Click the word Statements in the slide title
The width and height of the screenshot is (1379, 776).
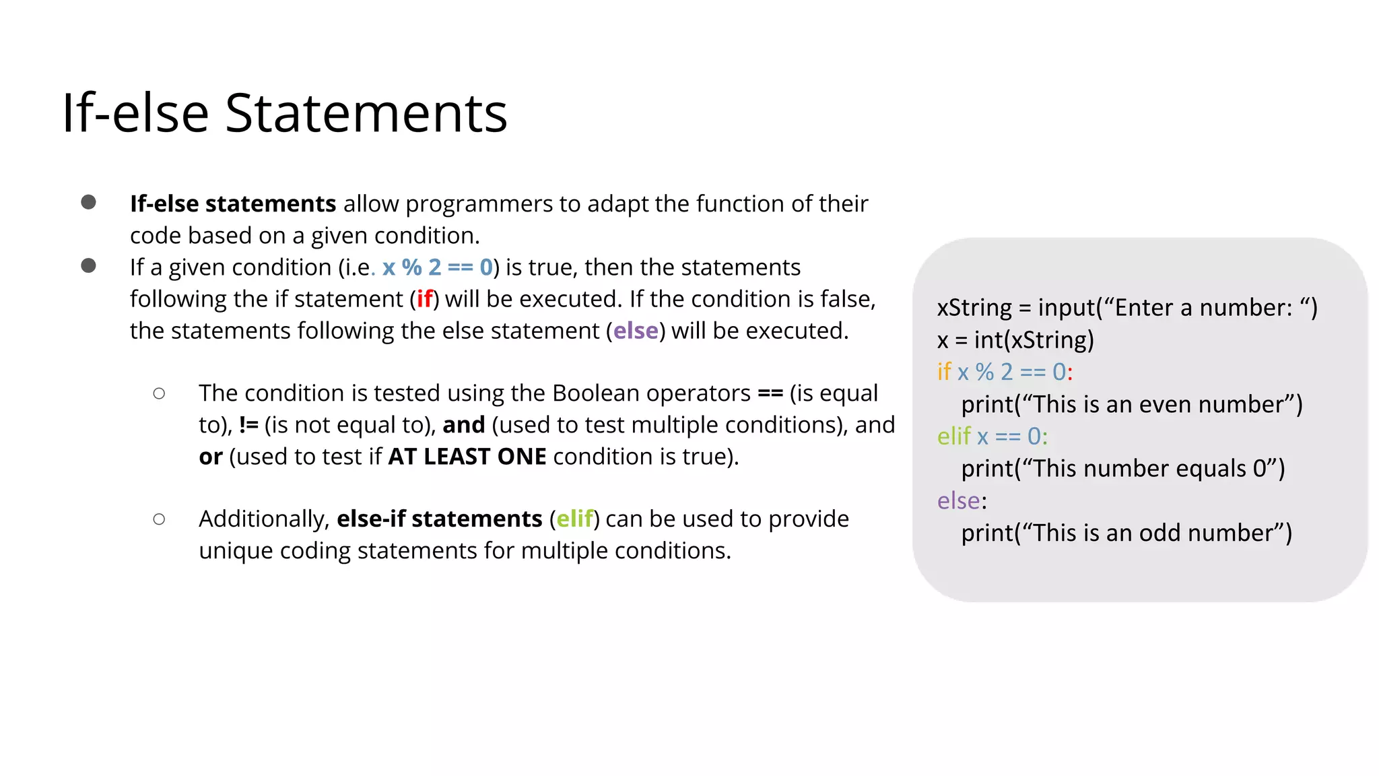(366, 113)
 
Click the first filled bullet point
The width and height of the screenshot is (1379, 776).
(88, 202)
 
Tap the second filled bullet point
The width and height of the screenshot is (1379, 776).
(88, 265)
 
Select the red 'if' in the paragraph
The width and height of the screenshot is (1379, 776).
(424, 299)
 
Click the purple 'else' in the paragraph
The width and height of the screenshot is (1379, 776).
(635, 331)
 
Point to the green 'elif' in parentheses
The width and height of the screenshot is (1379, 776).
(574, 519)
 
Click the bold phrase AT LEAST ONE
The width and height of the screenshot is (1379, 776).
(467, 457)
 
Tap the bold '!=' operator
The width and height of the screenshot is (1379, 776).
(248, 425)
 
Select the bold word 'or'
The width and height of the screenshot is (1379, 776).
(210, 457)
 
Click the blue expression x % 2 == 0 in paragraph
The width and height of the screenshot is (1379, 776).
(438, 267)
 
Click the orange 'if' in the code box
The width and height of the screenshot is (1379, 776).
(944, 372)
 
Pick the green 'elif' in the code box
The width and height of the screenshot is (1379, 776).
(953, 437)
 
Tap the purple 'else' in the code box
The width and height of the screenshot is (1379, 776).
(959, 500)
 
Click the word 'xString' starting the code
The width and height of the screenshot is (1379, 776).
(974, 308)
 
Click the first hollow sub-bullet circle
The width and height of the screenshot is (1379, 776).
(159, 393)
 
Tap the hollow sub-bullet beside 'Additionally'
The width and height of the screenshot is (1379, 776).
(159, 519)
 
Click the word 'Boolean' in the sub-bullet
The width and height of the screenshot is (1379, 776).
(596, 393)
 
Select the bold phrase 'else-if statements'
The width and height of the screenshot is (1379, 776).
(439, 519)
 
